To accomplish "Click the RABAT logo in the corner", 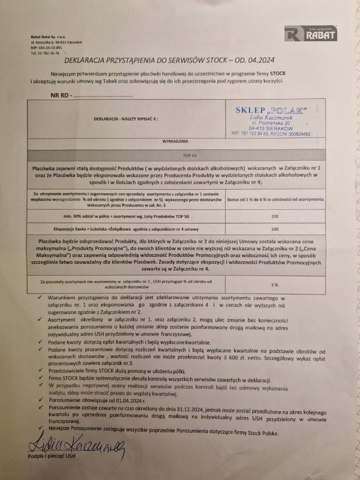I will (310, 34).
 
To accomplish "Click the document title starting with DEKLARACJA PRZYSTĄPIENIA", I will (168, 61).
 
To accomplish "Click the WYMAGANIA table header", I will (176, 141).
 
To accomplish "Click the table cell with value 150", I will (274, 216).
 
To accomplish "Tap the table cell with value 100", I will (274, 229).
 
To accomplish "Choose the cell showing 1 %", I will (274, 284).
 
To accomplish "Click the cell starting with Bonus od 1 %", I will (275, 199).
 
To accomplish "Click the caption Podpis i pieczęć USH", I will (51, 456).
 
